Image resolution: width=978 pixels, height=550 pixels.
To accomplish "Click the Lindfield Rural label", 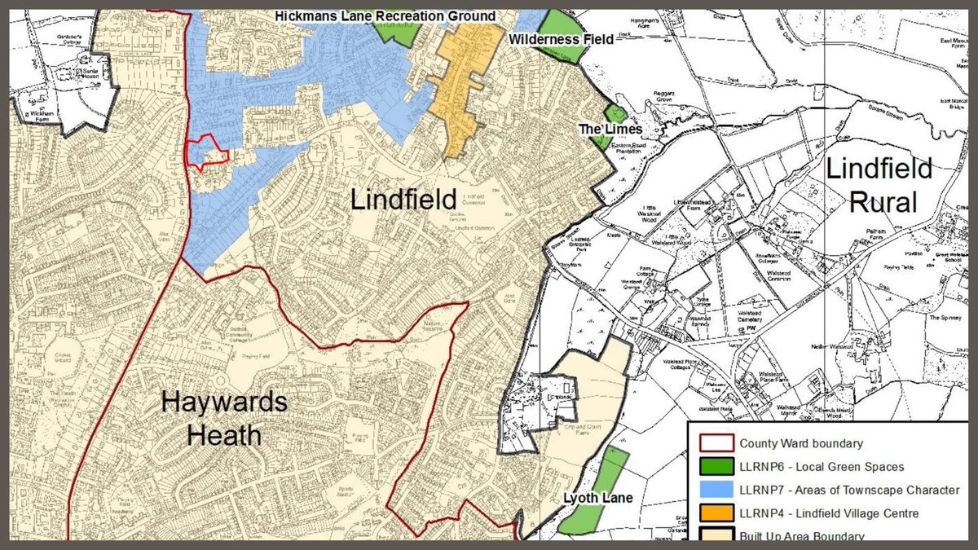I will point(879,185).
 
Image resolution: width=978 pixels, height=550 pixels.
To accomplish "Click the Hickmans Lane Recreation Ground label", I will point(385,15).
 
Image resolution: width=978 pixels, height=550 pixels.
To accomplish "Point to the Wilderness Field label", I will point(561,38).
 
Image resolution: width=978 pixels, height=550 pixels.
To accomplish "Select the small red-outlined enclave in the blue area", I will point(205,152).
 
